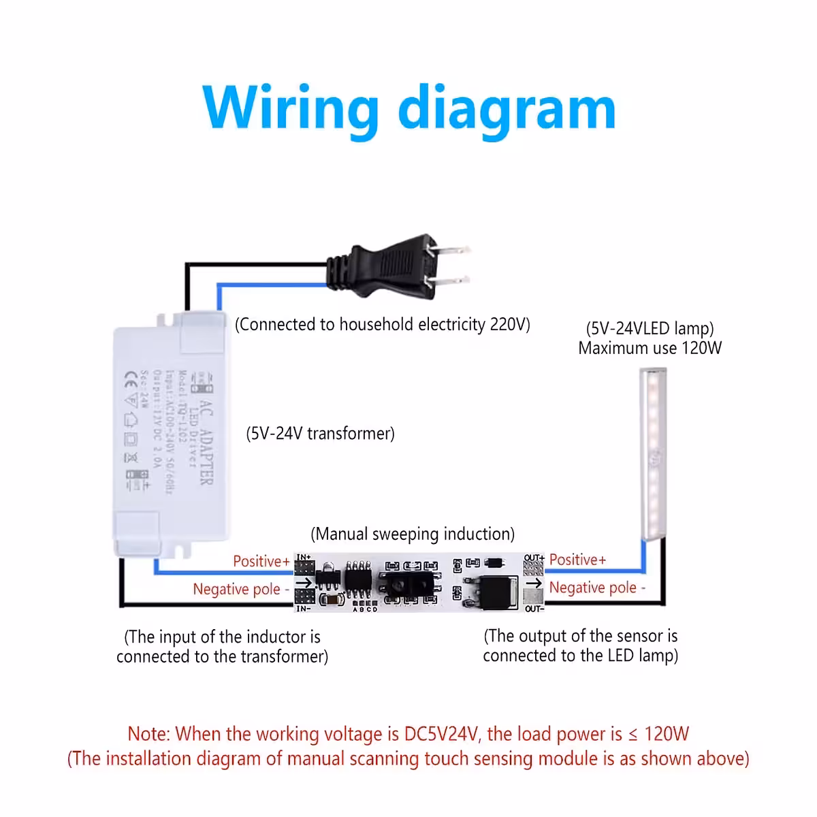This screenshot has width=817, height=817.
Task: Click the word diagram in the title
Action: point(507,109)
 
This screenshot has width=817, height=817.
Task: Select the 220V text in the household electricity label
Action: point(509,324)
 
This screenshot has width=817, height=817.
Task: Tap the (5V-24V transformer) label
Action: point(320,434)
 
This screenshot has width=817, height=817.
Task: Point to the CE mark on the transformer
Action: point(132,378)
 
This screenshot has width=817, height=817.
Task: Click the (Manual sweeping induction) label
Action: point(413,534)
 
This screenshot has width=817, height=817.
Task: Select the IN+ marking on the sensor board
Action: point(304,558)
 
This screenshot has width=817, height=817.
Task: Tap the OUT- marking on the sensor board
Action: point(534,609)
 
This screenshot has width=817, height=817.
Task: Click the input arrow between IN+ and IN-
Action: point(304,583)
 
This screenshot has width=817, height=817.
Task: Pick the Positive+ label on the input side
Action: point(261,561)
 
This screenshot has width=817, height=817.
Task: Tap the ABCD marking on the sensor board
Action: point(365,609)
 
